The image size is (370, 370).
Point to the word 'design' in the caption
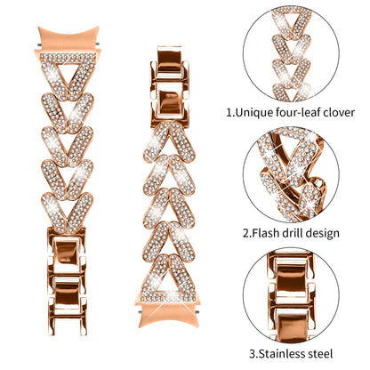click(323, 234)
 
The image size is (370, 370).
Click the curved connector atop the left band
click(68, 38)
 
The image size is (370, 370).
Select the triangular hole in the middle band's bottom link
click(168, 283)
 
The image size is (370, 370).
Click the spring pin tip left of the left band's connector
click(39, 45)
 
